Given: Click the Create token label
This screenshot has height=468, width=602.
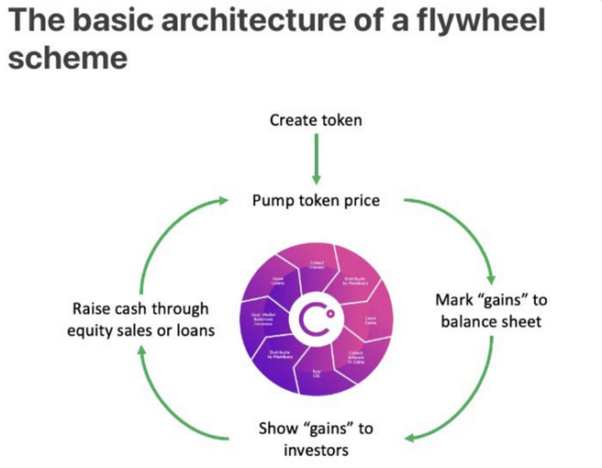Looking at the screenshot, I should tap(315, 121).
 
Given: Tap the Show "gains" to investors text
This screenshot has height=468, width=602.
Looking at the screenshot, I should tap(315, 440).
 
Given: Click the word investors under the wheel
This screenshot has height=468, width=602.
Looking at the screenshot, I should tap(315, 450).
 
